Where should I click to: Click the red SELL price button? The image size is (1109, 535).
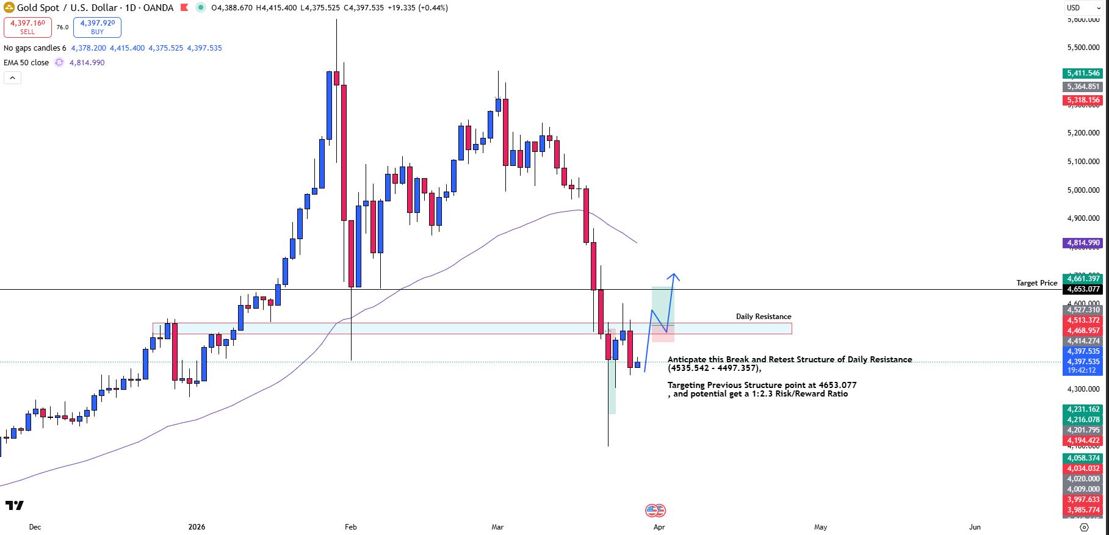(x=27, y=27)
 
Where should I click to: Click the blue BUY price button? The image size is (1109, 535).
(x=97, y=27)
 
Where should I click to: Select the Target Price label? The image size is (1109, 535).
(x=1036, y=283)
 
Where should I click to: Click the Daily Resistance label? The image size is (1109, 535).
(x=763, y=317)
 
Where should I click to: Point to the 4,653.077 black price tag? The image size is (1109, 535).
(x=1083, y=289)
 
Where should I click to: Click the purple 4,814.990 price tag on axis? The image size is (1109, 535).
(x=1083, y=243)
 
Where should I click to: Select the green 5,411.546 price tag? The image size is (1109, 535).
(x=1083, y=73)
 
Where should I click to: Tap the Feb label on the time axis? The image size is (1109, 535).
(x=350, y=527)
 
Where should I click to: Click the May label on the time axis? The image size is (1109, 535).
(x=820, y=527)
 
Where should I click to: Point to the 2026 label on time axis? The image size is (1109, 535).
(x=197, y=527)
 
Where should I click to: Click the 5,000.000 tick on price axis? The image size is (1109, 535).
(x=1083, y=190)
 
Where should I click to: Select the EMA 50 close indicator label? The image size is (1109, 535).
(x=26, y=63)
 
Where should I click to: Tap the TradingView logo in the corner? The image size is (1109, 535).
(x=14, y=505)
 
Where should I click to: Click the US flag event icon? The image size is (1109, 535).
(x=655, y=511)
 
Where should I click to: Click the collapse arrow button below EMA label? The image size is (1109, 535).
(x=12, y=78)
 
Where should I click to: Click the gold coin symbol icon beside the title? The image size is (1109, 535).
(x=9, y=8)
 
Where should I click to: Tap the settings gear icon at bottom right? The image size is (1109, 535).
(x=1084, y=527)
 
